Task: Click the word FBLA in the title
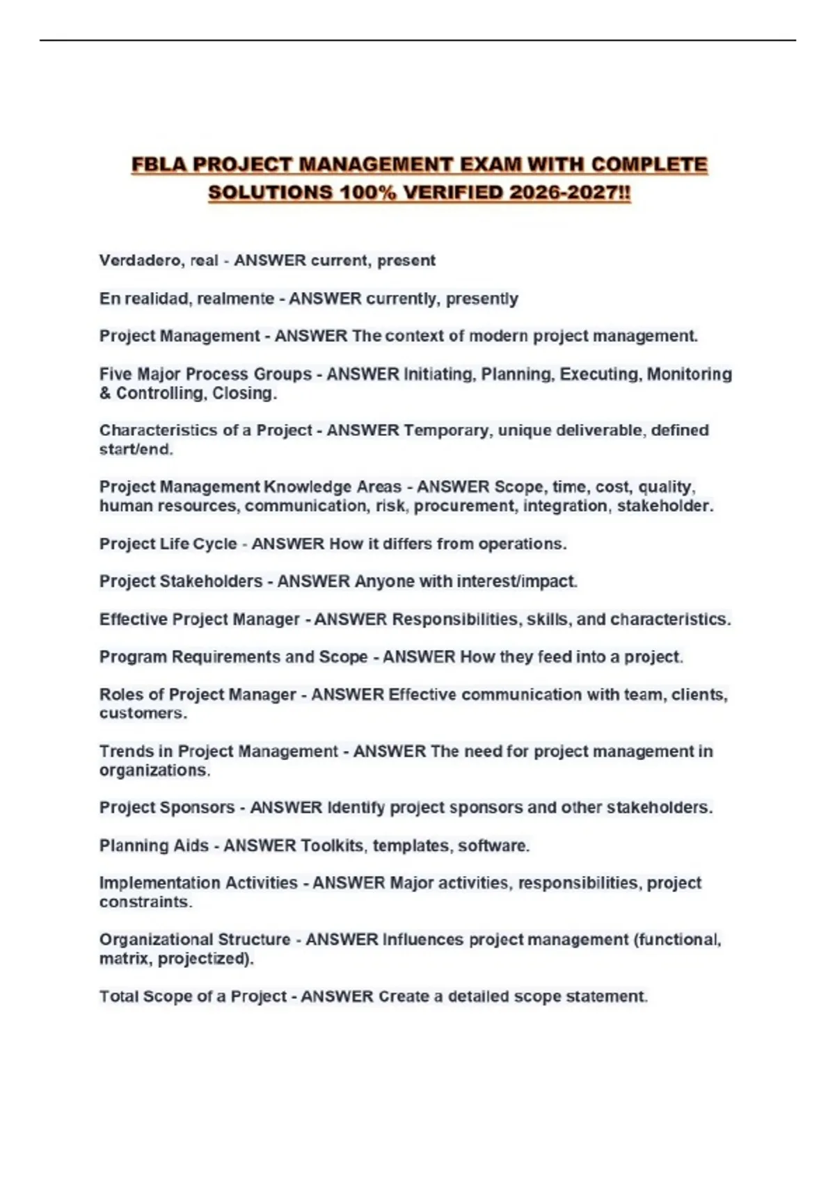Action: tap(159, 165)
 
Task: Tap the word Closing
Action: tap(244, 394)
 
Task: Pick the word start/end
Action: tap(136, 450)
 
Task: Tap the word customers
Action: tap(143, 713)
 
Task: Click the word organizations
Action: tap(154, 770)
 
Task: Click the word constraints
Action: tap(145, 902)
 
